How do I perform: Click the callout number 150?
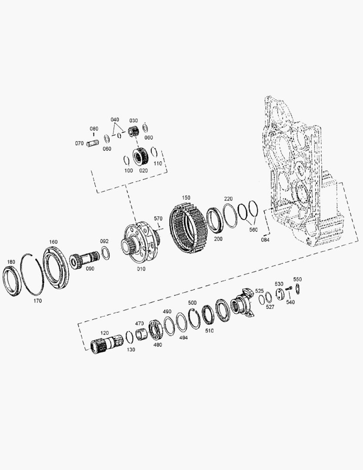click(186, 198)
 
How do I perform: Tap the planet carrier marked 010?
click(140, 242)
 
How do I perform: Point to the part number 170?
click(38, 301)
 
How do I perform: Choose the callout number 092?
click(104, 241)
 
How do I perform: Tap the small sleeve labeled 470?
click(141, 336)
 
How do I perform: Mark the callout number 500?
click(192, 303)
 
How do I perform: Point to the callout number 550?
click(297, 279)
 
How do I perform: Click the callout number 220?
click(228, 199)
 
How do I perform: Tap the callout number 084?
click(265, 239)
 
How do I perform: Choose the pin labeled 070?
click(93, 143)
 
